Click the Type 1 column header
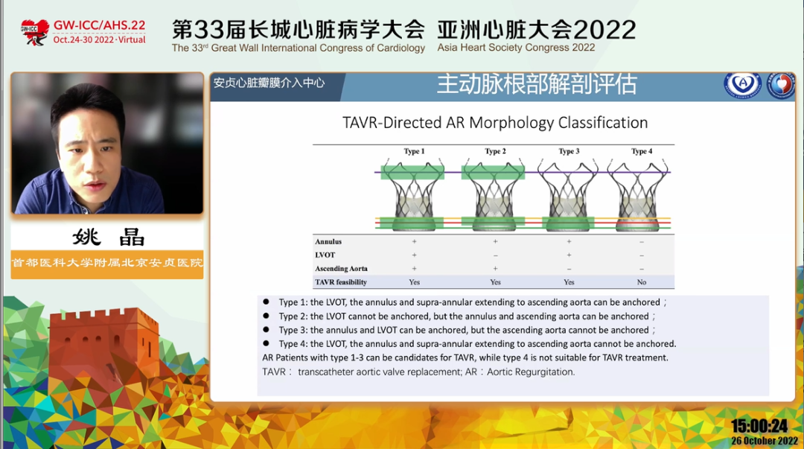pyautogui.click(x=414, y=151)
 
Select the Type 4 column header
pyautogui.click(x=642, y=151)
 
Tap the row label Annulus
pyautogui.click(x=328, y=242)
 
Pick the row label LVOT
pyautogui.click(x=325, y=255)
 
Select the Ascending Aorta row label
pyautogui.click(x=341, y=268)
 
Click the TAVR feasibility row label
pyautogui.click(x=341, y=282)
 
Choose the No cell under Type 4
pyautogui.click(x=642, y=282)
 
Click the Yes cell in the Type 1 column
pyautogui.click(x=415, y=282)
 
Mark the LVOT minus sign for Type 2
pyautogui.click(x=495, y=255)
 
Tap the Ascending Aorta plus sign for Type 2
pyautogui.click(x=495, y=268)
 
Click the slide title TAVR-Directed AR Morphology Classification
pyautogui.click(x=495, y=123)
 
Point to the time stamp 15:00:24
pyautogui.click(x=759, y=426)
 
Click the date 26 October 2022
pyautogui.click(x=764, y=441)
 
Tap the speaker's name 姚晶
pyautogui.click(x=108, y=238)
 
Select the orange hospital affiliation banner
pyautogui.click(x=107, y=264)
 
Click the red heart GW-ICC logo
pyautogui.click(x=34, y=32)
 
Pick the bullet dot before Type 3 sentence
pyautogui.click(x=266, y=330)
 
